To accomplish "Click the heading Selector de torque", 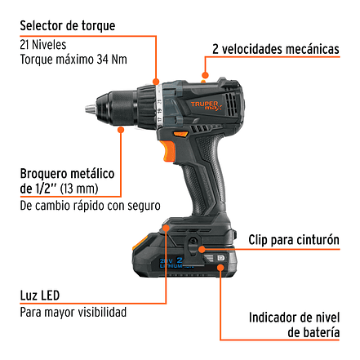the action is click(68, 26).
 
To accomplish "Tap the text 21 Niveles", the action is click(43, 45).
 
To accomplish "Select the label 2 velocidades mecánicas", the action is click(276, 49).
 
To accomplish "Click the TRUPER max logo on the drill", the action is click(206, 105).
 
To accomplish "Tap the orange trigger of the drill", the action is click(168, 152).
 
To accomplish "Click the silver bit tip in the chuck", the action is click(91, 109).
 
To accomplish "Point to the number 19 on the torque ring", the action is click(159, 111).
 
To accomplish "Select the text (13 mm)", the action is click(79, 189).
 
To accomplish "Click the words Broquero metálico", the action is click(67, 174).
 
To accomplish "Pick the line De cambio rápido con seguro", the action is click(90, 206).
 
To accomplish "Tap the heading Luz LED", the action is click(40, 296).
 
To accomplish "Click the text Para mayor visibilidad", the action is click(73, 313).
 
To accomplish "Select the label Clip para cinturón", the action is click(294, 240).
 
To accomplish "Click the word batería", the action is click(313, 332).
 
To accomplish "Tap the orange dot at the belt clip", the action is click(202, 249).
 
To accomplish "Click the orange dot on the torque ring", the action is click(156, 82).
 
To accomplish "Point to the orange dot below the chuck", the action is click(121, 130).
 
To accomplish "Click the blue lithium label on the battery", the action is click(174, 263).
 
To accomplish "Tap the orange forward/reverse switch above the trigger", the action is click(180, 134).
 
